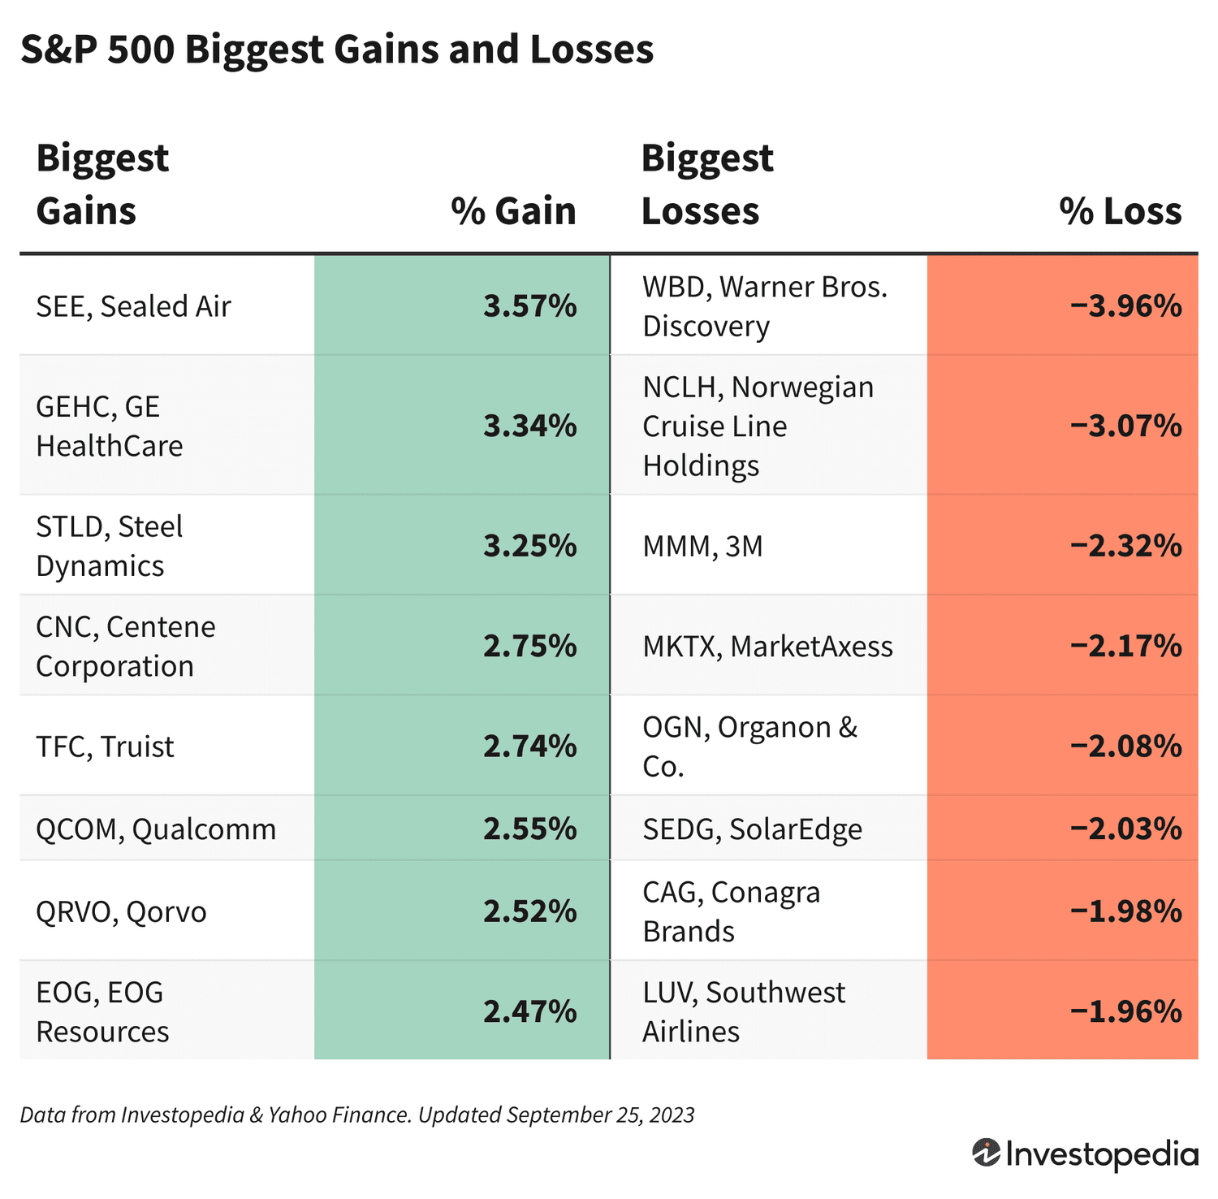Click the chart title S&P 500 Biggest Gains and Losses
pyautogui.click(x=336, y=50)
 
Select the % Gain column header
pyautogui.click(x=513, y=211)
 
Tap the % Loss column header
pyautogui.click(x=1120, y=211)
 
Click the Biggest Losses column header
pyautogui.click(x=706, y=184)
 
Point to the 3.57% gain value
pyautogui.click(x=529, y=306)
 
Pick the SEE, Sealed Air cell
pyautogui.click(x=134, y=306)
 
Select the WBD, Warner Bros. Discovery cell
pyautogui.click(x=764, y=306)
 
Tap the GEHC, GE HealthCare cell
pyautogui.click(x=110, y=426)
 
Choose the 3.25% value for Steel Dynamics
pyautogui.click(x=529, y=546)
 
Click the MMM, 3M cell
pyautogui.click(x=702, y=546)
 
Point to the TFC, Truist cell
pyautogui.click(x=105, y=746)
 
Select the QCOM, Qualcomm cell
pyautogui.click(x=156, y=829)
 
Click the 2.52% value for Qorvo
pyautogui.click(x=529, y=911)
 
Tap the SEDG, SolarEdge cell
pyautogui.click(x=752, y=829)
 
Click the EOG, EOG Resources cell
pyautogui.click(x=102, y=1011)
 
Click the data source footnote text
pyautogui.click(x=356, y=1115)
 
